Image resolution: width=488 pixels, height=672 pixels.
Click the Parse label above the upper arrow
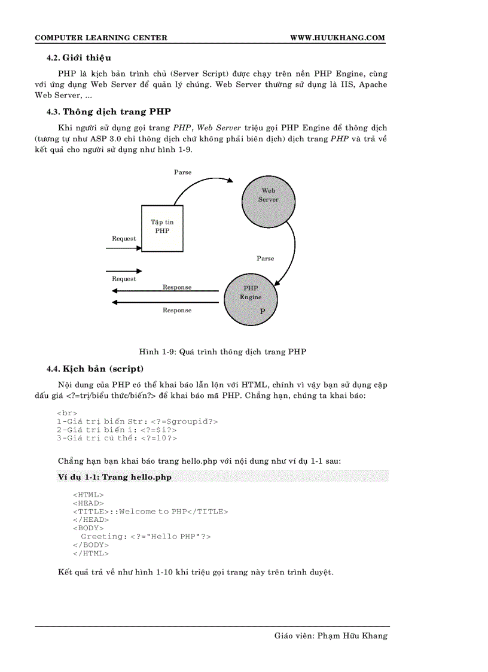(183, 172)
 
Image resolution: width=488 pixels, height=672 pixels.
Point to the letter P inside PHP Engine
(262, 312)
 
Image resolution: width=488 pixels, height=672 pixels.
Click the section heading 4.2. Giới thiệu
(79, 58)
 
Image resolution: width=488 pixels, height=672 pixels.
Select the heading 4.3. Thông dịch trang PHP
(109, 111)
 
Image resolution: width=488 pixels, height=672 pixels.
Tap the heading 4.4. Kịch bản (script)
(95, 368)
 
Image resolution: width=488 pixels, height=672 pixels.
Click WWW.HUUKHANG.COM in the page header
(337, 38)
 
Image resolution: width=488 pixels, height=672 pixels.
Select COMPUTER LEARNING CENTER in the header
(101, 38)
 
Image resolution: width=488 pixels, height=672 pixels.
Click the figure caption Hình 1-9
(222, 352)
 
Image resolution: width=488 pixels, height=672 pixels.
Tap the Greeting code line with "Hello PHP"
(146, 537)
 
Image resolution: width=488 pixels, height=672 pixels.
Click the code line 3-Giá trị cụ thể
(117, 439)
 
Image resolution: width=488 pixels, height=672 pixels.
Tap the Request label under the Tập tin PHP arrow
(124, 239)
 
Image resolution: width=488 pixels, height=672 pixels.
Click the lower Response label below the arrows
(177, 311)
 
